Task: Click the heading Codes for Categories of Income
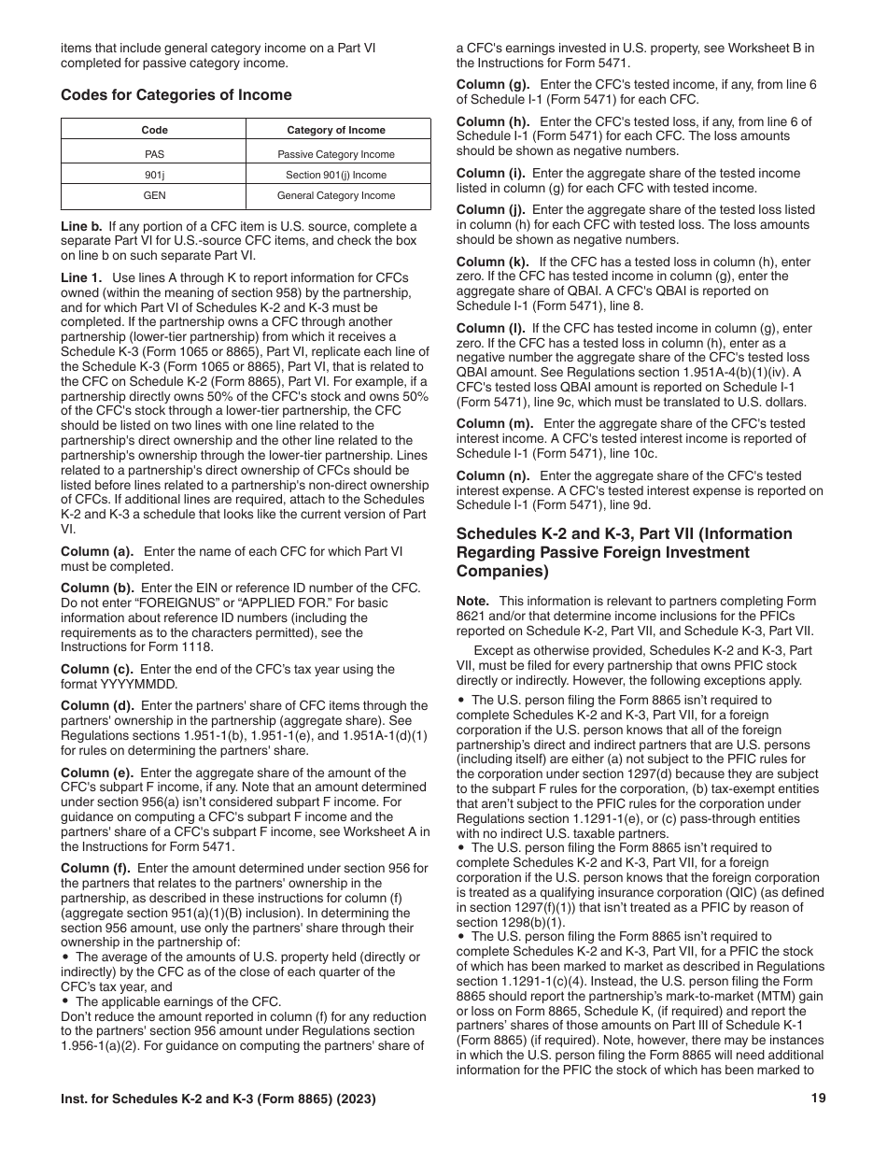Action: [176, 95]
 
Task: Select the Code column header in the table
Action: [154, 130]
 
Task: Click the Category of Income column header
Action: [336, 130]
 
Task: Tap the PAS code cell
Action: [154, 154]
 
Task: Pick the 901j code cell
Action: [154, 175]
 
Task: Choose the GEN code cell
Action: [154, 195]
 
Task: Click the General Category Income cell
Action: [336, 195]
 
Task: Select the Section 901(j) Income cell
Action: [336, 175]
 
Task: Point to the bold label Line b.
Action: [81, 227]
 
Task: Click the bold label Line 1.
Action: [81, 277]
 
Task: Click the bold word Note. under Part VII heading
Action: [473, 602]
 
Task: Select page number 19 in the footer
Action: [819, 1099]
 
